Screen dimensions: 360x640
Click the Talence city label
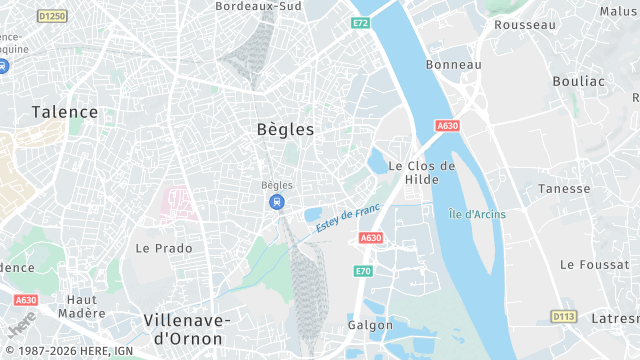click(x=65, y=112)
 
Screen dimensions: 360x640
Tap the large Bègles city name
click(x=285, y=129)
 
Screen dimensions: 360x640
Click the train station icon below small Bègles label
click(x=275, y=202)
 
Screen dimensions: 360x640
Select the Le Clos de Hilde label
click(x=421, y=172)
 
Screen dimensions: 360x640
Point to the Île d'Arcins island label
click(x=477, y=214)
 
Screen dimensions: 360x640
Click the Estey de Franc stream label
click(x=348, y=218)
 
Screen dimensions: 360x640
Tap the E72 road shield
click(x=360, y=22)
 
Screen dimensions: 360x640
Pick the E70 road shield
click(x=363, y=271)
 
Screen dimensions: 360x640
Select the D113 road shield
click(x=564, y=316)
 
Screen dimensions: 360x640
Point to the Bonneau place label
click(x=454, y=64)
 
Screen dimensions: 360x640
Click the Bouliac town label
click(x=578, y=81)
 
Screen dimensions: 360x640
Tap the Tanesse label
click(x=564, y=188)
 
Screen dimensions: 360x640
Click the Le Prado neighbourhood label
click(x=164, y=247)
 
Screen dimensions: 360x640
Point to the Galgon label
click(x=370, y=325)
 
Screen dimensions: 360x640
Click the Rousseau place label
click(x=525, y=24)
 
